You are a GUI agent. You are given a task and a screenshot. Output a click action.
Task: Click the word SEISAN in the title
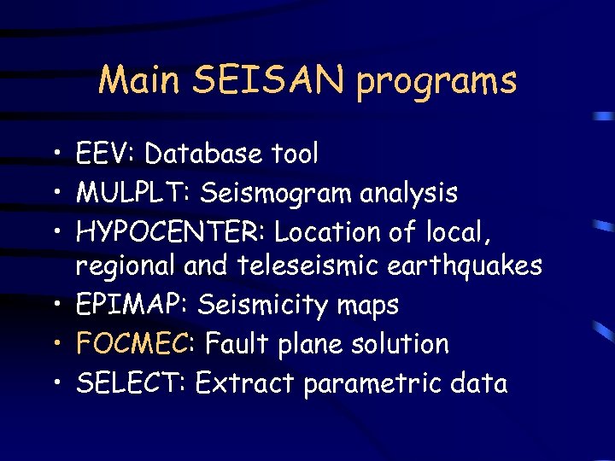[272, 80]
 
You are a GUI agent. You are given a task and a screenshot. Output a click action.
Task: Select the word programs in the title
[437, 82]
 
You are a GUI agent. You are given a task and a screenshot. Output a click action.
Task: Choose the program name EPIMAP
[127, 305]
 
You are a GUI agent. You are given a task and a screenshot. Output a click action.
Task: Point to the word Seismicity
[261, 306]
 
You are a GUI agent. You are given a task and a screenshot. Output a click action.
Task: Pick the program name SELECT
[129, 382]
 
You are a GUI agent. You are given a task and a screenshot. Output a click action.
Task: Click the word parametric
[378, 383]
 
